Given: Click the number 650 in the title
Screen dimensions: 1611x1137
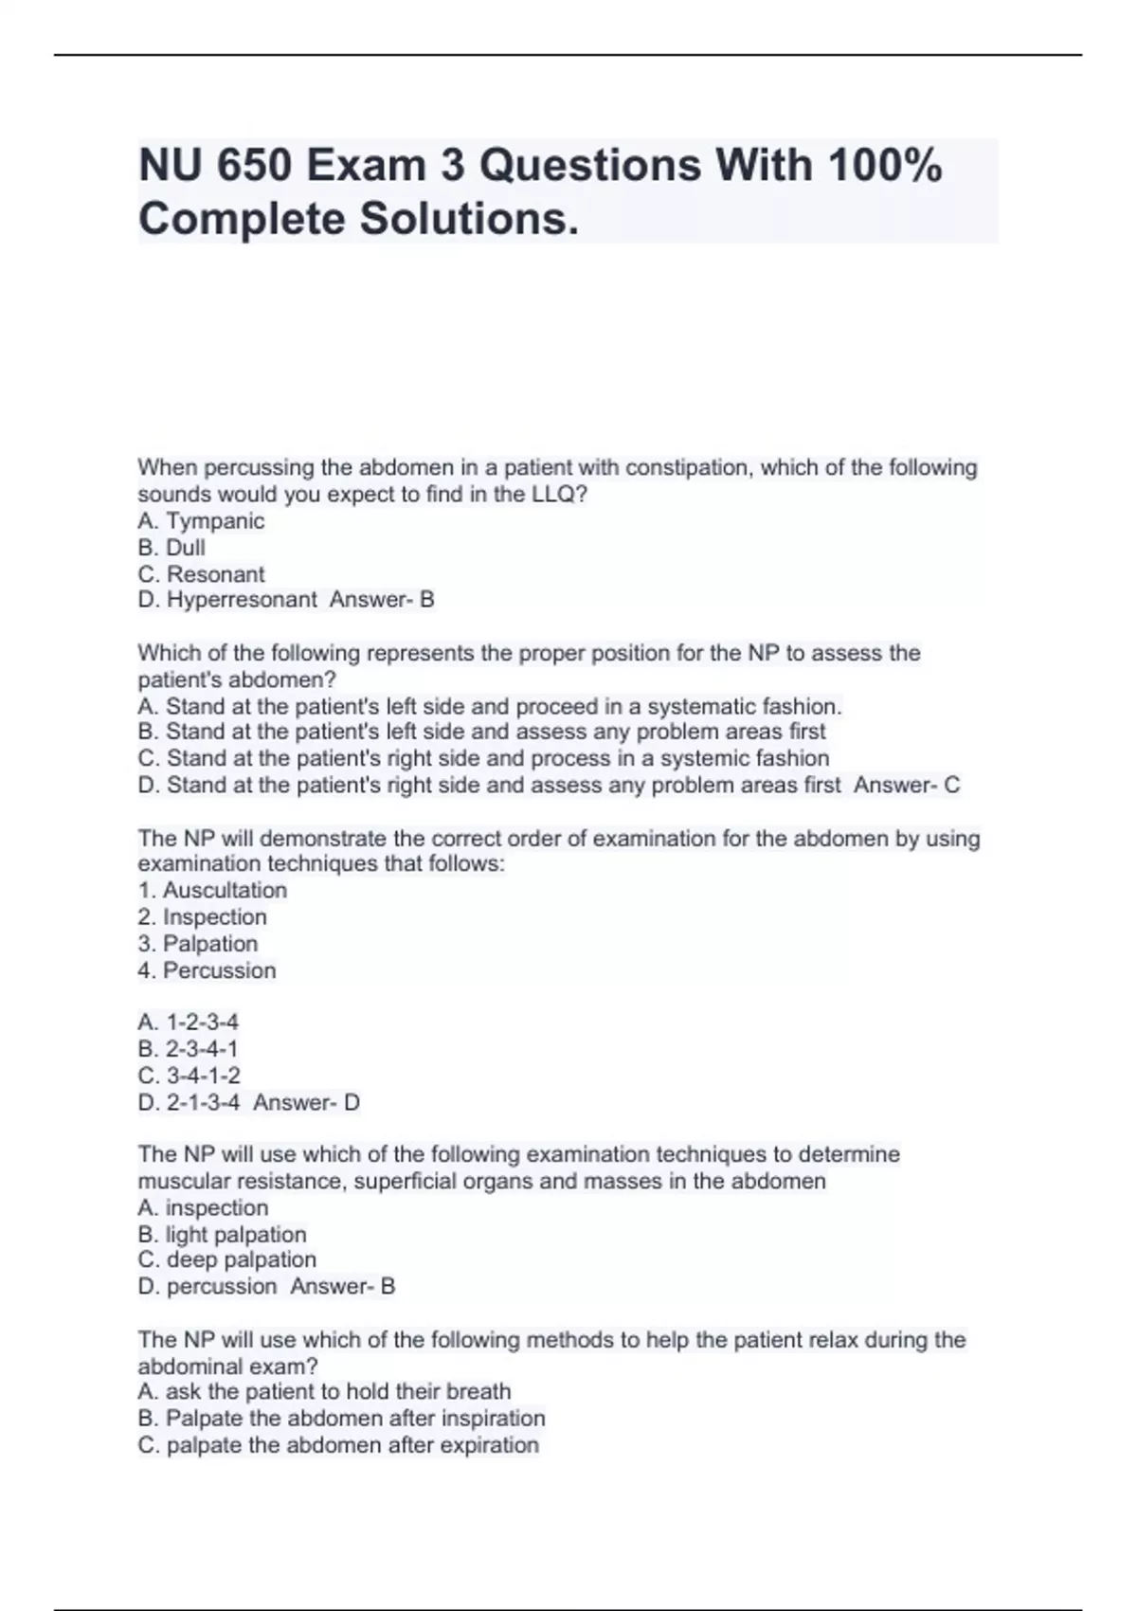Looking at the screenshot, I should [x=255, y=166].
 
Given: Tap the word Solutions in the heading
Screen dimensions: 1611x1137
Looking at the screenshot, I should [x=467, y=219].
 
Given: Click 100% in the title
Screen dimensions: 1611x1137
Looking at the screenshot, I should [x=885, y=166].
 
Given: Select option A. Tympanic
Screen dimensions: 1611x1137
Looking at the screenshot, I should [x=201, y=521].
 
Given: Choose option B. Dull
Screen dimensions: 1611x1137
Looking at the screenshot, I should [x=171, y=548].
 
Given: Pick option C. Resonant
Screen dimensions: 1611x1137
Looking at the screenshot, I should [x=201, y=574].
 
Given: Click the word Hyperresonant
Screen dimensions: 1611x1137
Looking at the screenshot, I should [x=242, y=600].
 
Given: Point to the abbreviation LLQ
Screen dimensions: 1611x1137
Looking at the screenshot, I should [x=558, y=495].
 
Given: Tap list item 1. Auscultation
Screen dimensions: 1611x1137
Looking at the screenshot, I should [x=212, y=891].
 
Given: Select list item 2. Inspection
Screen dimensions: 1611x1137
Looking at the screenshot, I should [x=202, y=917].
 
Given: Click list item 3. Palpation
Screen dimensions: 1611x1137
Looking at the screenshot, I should [x=197, y=944].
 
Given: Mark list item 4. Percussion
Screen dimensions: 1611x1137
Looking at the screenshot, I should [x=207, y=970].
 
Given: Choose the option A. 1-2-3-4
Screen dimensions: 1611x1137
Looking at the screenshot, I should [x=188, y=1023].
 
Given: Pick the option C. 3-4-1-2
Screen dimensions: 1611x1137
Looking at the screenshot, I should [x=189, y=1076].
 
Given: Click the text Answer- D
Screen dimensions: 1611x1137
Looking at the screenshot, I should [x=306, y=1103].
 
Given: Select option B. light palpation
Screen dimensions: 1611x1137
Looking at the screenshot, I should [x=222, y=1235].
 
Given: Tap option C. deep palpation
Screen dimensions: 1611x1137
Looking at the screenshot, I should [x=226, y=1260].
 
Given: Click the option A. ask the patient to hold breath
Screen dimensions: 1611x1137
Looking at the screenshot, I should [x=324, y=1392].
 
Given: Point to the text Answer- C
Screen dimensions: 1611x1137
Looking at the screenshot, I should [x=907, y=786].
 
